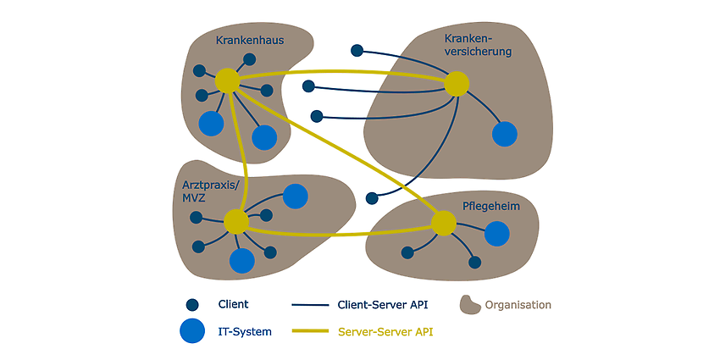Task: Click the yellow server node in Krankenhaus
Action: click(x=228, y=80)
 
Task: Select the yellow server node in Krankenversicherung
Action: click(x=457, y=84)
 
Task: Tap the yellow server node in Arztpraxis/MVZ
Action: click(x=236, y=221)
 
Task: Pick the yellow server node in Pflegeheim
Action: click(x=444, y=223)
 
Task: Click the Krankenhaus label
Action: click(x=250, y=41)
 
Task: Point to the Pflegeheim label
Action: click(x=490, y=207)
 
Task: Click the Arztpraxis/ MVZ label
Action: click(x=205, y=191)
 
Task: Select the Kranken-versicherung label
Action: click(x=478, y=46)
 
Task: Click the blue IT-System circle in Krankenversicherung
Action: click(x=505, y=134)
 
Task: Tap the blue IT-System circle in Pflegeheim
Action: click(x=497, y=233)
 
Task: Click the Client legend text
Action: click(x=233, y=304)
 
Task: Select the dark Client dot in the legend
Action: click(x=192, y=305)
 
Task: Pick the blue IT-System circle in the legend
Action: click(x=192, y=330)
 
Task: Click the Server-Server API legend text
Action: click(x=385, y=331)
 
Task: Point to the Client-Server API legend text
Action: click(x=383, y=304)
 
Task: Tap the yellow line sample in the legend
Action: click(x=310, y=331)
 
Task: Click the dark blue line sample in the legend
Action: click(x=310, y=305)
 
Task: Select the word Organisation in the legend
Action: click(x=518, y=305)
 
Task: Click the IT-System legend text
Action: click(x=245, y=331)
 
